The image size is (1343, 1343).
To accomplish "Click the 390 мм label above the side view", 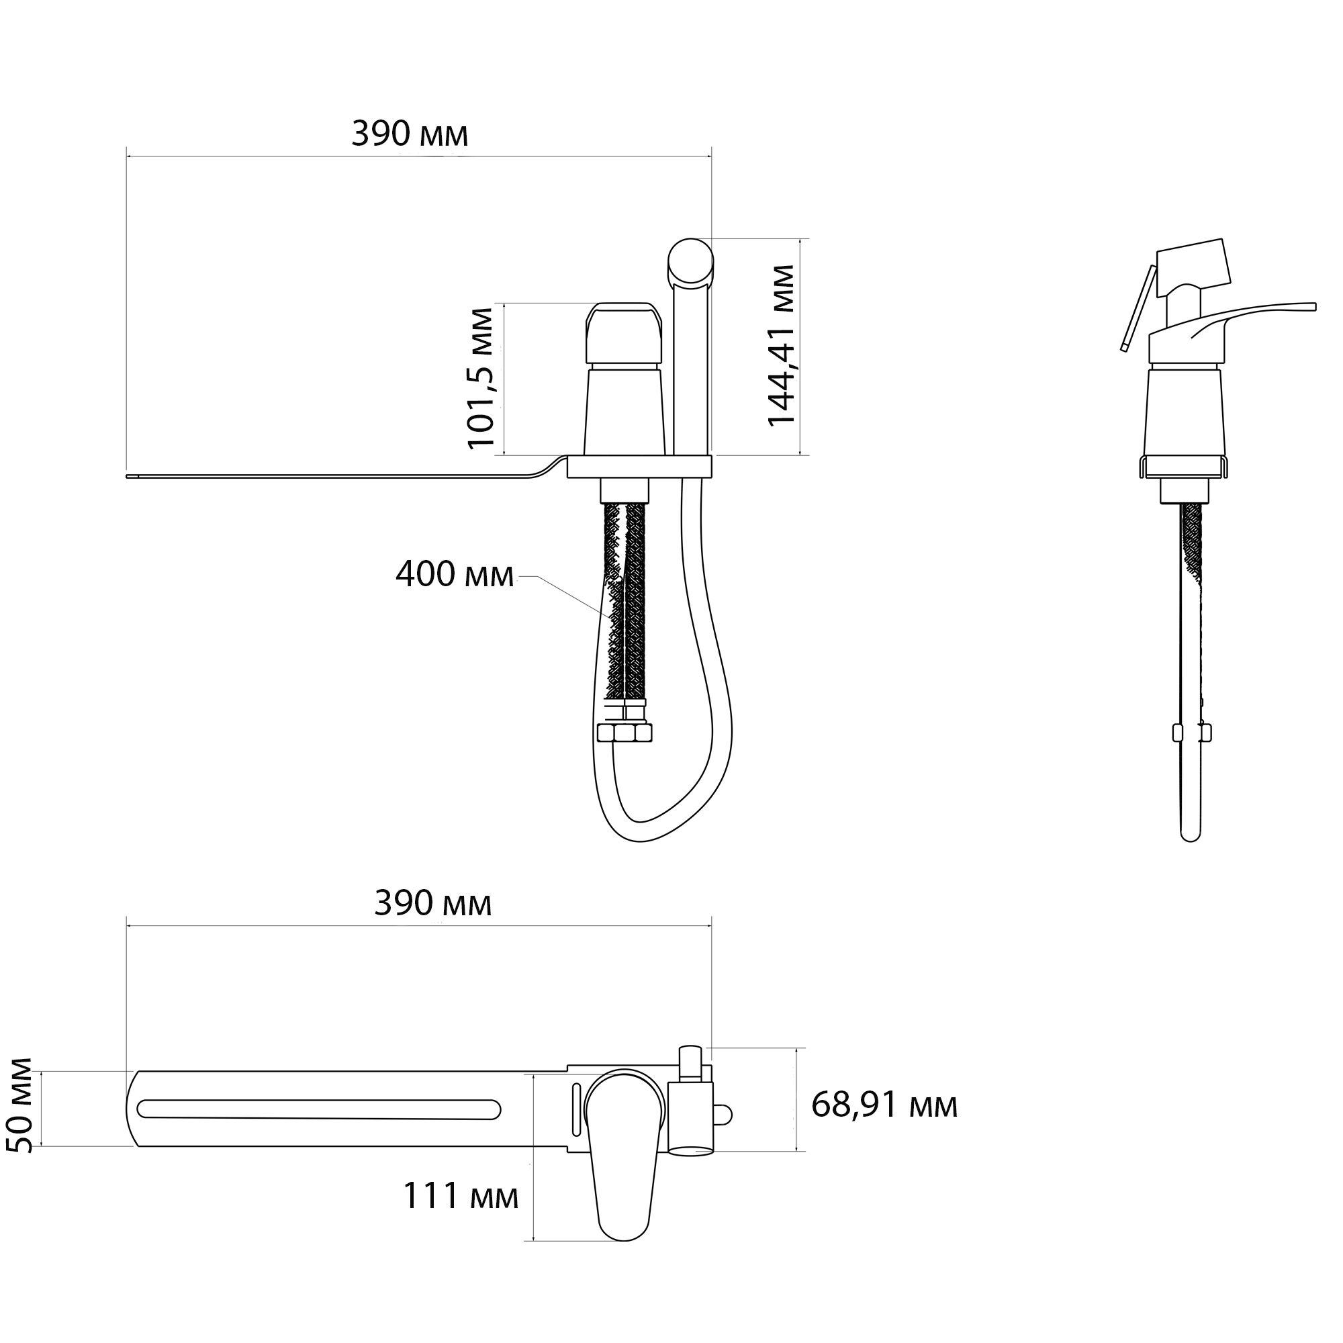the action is point(410,134).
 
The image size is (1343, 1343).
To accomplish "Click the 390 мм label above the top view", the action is point(432,904).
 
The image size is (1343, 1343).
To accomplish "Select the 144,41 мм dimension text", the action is point(782,345).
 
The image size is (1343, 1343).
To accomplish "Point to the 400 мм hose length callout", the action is point(455,575).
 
